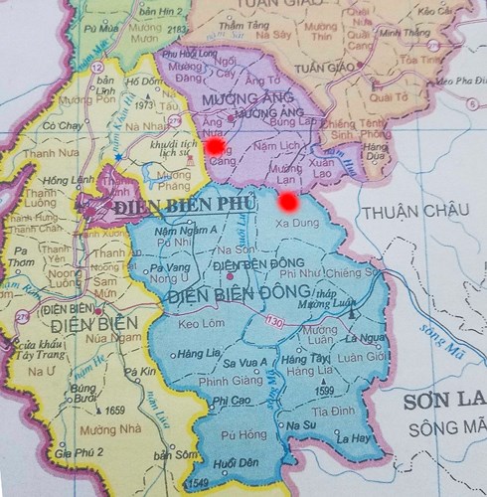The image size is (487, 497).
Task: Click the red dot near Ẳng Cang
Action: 215,146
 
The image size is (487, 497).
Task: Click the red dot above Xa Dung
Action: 288,203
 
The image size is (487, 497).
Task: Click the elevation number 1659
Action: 114,410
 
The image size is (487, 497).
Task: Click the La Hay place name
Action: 354,437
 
